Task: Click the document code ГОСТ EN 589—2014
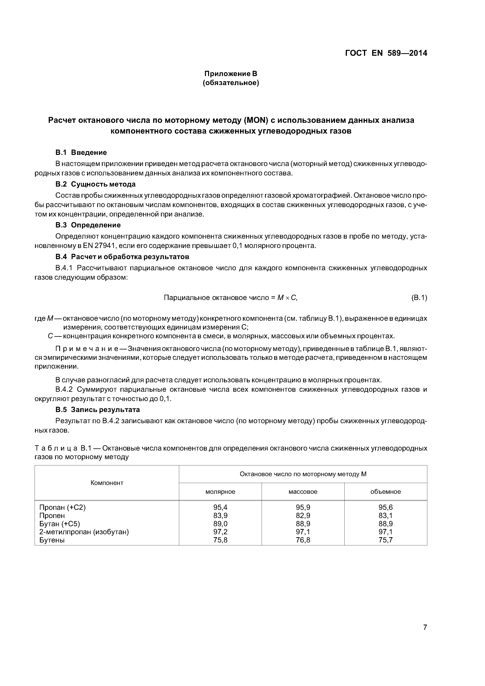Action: click(386, 53)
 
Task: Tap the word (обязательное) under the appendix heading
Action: click(231, 83)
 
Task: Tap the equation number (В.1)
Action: click(419, 298)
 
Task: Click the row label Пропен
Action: click(52, 515)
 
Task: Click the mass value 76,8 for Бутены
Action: click(303, 540)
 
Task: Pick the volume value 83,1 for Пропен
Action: click(385, 515)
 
